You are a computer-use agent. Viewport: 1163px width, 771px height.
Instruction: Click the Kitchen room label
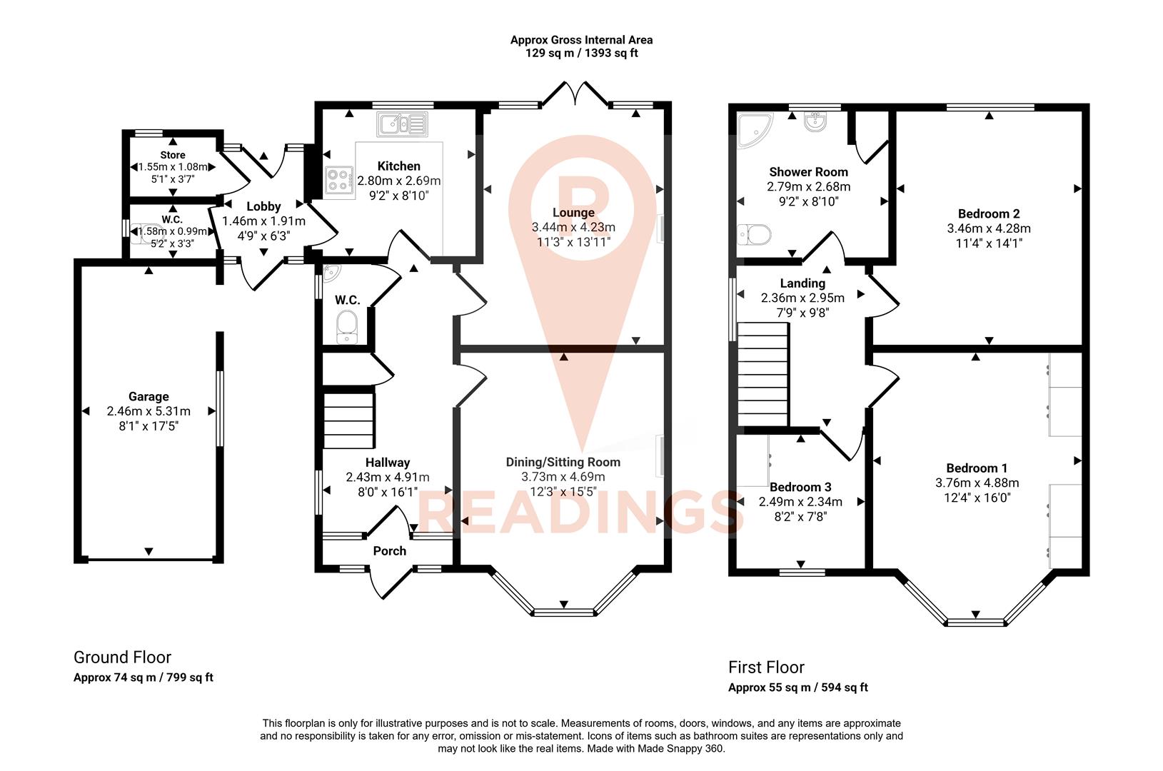[x=398, y=166]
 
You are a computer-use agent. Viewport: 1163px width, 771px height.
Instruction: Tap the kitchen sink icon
[x=402, y=125]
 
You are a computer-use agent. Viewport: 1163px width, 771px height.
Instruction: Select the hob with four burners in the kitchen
[x=340, y=179]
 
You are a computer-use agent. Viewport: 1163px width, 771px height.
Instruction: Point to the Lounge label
[x=573, y=212]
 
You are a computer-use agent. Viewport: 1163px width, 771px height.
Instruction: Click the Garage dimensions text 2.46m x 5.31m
[x=148, y=411]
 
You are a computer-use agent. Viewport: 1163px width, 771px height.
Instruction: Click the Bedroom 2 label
[x=988, y=213]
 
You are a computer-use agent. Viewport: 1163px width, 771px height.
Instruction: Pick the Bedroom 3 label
[x=800, y=487]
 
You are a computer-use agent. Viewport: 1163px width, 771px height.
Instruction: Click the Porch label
[x=389, y=550]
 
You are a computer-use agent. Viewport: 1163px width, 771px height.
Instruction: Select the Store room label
[x=172, y=155]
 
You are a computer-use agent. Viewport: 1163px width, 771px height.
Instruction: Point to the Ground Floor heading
[x=122, y=657]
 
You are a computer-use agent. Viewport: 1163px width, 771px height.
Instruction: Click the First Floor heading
[x=766, y=667]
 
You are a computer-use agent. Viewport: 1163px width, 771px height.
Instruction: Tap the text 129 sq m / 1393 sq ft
[x=581, y=54]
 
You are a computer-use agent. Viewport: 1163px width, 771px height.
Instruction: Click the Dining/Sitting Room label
[x=563, y=462]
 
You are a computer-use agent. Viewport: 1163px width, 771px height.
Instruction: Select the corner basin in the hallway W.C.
[x=329, y=273]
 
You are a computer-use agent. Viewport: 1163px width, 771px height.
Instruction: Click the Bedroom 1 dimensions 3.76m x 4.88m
[x=977, y=483]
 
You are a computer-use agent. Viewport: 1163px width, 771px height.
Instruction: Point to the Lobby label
[x=263, y=206]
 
